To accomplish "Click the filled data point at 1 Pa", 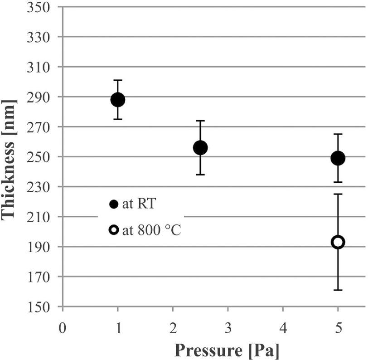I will (x=118, y=100).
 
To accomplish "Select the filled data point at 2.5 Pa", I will (x=200, y=148).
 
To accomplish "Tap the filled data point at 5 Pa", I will (x=338, y=158).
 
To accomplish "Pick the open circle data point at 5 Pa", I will (x=338, y=242).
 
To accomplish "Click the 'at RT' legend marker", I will (x=114, y=204).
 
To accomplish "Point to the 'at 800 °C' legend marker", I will (x=114, y=230).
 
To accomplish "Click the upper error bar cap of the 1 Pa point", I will (x=118, y=80).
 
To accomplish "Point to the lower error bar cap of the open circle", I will (x=338, y=290).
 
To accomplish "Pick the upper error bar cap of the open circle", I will (x=338, y=194).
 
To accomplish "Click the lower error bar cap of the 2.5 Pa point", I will (x=200, y=175).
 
